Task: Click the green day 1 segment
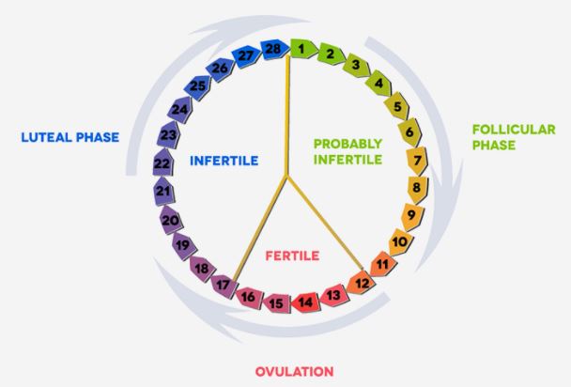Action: pyautogui.click(x=301, y=45)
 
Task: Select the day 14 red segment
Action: pyautogui.click(x=305, y=302)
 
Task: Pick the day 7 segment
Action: pyautogui.click(x=417, y=162)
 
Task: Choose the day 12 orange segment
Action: pyautogui.click(x=361, y=282)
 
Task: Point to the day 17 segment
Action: pyautogui.click(x=223, y=283)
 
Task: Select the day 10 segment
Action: pyautogui.click(x=399, y=242)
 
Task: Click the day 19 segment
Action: pyautogui.click(x=182, y=246)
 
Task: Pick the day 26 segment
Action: pyautogui.click(x=221, y=69)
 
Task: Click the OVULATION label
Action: pyautogui.click(x=294, y=371)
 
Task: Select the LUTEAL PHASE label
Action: pyautogui.click(x=70, y=138)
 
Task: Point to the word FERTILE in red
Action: pyautogui.click(x=292, y=255)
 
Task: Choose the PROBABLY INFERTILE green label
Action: pyautogui.click(x=347, y=151)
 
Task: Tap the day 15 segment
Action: pyautogui.click(x=275, y=302)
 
